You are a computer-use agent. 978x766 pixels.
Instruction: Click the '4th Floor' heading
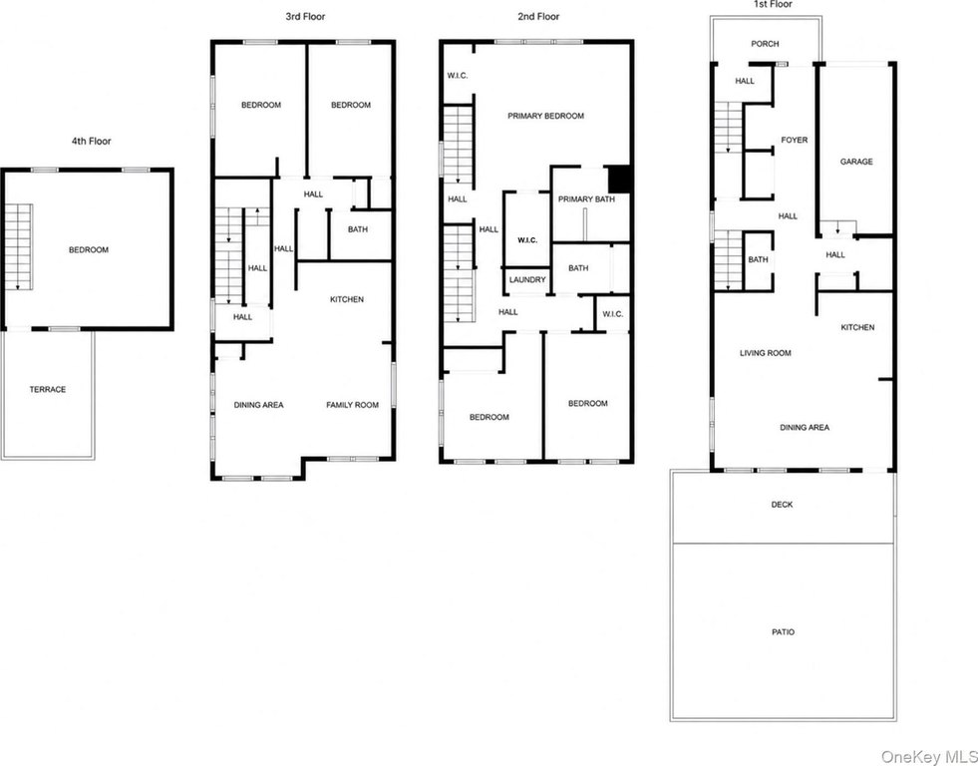91,141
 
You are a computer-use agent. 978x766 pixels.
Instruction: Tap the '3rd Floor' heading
305,17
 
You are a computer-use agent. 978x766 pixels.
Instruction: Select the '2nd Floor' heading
538,17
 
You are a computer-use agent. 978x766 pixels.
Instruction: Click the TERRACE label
48,389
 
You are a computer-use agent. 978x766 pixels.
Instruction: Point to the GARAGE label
856,162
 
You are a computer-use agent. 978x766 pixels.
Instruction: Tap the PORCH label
765,44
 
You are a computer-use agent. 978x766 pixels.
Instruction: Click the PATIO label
784,632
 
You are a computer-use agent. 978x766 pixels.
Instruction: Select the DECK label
782,504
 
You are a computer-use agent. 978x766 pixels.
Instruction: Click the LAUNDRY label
527,280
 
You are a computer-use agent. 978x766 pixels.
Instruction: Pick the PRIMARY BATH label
586,199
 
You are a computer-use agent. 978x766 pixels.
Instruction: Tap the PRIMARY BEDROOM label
545,116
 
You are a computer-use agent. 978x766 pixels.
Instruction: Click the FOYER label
794,141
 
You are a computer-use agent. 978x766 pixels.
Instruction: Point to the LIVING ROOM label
766,353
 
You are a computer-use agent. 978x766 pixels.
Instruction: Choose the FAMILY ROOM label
352,405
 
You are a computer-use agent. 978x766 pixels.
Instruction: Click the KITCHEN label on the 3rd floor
347,299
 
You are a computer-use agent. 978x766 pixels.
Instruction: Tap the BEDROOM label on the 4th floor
89,249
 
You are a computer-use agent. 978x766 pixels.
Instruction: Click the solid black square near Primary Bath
619,179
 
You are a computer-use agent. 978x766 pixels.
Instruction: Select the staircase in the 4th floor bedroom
19,246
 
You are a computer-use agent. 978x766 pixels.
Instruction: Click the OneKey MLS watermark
929,757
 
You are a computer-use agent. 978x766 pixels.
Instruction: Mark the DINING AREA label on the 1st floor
805,427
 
